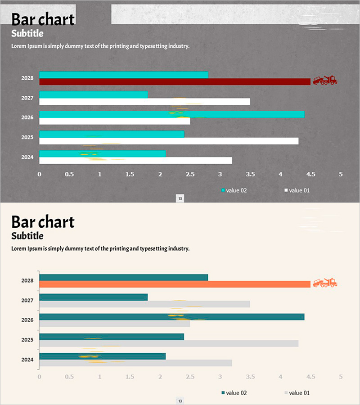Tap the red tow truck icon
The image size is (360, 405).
(325, 80)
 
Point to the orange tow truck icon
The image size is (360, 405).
(325, 283)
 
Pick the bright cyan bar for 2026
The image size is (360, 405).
(171, 114)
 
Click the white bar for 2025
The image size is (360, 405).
(169, 141)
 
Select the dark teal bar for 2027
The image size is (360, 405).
(93, 297)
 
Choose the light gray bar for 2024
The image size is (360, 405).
(135, 363)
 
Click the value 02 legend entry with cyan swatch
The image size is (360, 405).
(234, 190)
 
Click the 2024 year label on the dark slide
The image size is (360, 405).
(27, 157)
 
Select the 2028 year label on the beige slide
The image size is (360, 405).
(27, 280)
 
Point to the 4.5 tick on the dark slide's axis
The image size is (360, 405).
(310, 174)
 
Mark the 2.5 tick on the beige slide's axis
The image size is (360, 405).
(190, 377)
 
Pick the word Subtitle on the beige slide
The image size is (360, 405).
(27, 236)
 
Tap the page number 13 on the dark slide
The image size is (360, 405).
(180, 198)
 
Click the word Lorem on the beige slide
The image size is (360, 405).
(18, 248)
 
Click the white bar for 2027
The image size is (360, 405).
(144, 102)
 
